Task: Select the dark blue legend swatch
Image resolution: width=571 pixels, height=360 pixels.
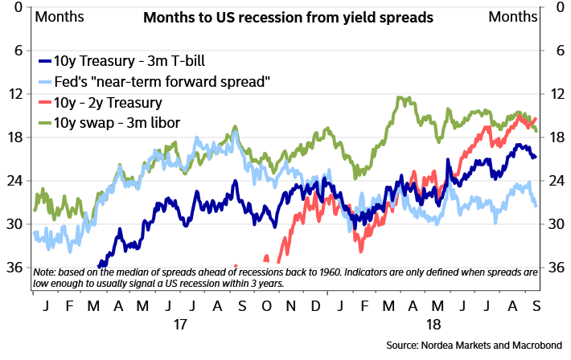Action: click(x=45, y=61)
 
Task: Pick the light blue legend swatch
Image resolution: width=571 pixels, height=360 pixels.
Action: click(x=45, y=81)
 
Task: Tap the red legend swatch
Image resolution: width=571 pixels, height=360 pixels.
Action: click(x=45, y=102)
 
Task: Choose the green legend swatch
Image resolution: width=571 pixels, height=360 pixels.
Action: click(x=45, y=122)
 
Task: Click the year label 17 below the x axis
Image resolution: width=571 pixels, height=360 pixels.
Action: click(x=179, y=326)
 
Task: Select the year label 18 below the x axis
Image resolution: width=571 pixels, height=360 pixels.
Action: click(x=433, y=326)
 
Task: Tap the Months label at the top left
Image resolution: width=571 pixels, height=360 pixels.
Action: click(x=58, y=17)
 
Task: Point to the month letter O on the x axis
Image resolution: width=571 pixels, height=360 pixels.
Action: click(x=266, y=308)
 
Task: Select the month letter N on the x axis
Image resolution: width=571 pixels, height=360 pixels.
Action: click(x=290, y=308)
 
